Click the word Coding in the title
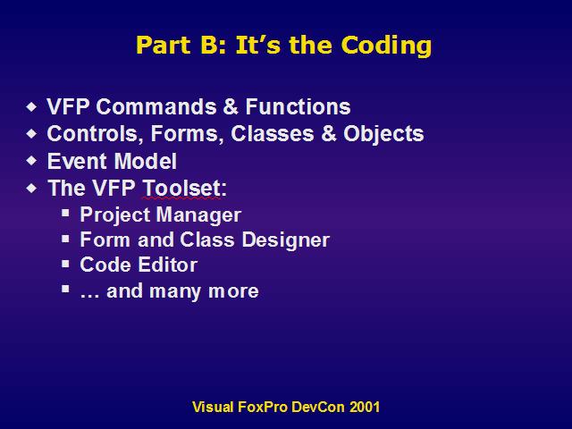click(x=386, y=46)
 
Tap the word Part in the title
click(x=164, y=46)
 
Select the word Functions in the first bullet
click(x=298, y=106)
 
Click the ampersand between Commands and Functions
click(x=230, y=106)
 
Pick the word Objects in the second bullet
click(x=383, y=133)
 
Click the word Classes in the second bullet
click(x=272, y=133)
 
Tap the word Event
click(x=78, y=161)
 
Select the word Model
click(x=146, y=161)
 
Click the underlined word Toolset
click(x=181, y=188)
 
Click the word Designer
click(x=286, y=240)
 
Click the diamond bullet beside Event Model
click(x=32, y=161)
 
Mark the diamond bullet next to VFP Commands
click(x=32, y=106)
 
